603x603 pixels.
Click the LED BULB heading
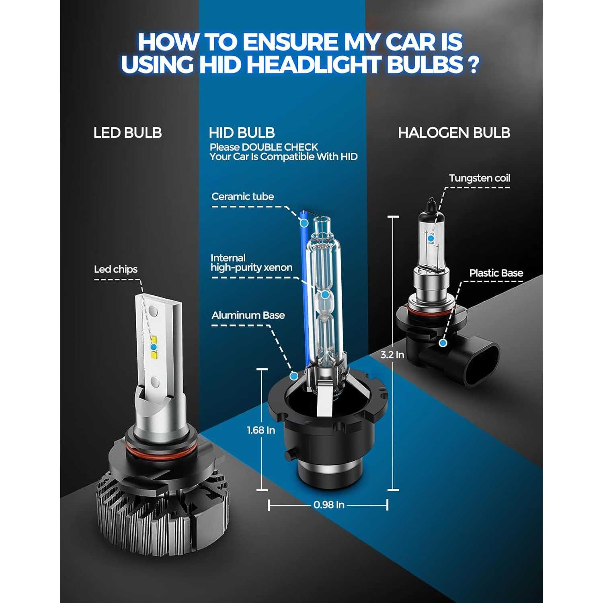(127, 133)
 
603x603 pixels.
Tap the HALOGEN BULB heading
(454, 133)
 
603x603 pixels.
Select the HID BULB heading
(242, 133)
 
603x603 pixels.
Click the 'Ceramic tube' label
(242, 197)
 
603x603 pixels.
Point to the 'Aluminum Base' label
(248, 315)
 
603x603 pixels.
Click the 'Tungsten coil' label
(480, 178)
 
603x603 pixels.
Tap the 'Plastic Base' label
(496, 273)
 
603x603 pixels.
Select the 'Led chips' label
(116, 269)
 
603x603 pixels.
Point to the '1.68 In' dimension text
(261, 430)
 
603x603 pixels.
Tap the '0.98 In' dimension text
(329, 505)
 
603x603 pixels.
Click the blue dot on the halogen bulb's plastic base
(443, 343)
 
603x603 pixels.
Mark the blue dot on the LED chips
(154, 347)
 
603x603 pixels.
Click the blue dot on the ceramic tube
(304, 222)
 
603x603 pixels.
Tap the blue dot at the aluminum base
(294, 376)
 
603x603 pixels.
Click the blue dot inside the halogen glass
(431, 238)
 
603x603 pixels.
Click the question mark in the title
(474, 64)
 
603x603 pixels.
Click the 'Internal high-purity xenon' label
(251, 263)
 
